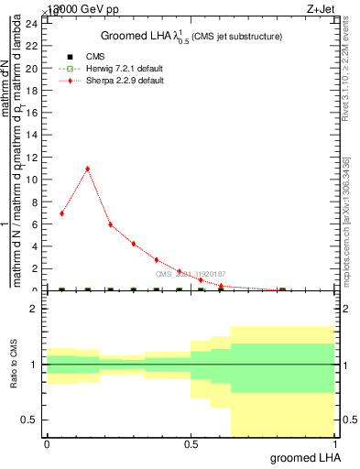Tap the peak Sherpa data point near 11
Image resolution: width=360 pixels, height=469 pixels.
point(87,169)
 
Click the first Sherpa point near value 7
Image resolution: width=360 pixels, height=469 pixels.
point(61,213)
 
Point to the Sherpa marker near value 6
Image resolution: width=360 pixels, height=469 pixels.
point(110,224)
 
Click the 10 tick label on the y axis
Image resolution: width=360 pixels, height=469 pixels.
point(34,180)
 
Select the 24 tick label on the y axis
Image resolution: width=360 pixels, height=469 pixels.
point(34,24)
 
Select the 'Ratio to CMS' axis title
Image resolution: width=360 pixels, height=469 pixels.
point(15,365)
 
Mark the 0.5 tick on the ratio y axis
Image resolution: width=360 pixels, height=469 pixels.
point(32,420)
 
